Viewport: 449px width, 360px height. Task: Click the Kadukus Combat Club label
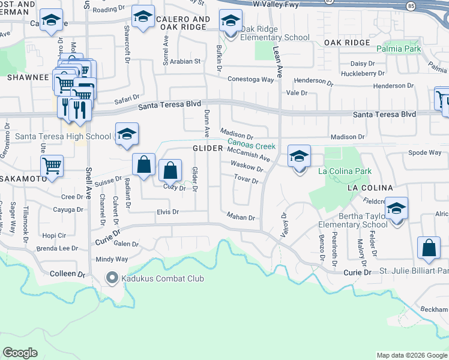(x=163, y=278)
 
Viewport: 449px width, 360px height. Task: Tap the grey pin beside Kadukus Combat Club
(x=112, y=278)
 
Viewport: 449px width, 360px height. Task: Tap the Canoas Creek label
(x=251, y=146)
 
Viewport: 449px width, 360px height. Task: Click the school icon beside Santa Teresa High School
(x=127, y=134)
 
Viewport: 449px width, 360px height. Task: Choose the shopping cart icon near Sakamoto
(x=52, y=166)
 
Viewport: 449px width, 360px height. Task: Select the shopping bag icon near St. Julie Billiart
(x=429, y=248)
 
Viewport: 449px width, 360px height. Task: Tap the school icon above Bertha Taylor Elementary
(x=396, y=208)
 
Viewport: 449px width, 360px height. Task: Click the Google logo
(x=20, y=353)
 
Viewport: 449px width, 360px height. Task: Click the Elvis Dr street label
(x=168, y=212)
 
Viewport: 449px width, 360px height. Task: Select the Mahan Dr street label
(x=241, y=217)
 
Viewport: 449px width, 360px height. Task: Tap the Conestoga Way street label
(x=250, y=79)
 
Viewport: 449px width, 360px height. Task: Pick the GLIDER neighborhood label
(x=208, y=148)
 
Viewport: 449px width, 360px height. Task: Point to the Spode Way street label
(x=425, y=152)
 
